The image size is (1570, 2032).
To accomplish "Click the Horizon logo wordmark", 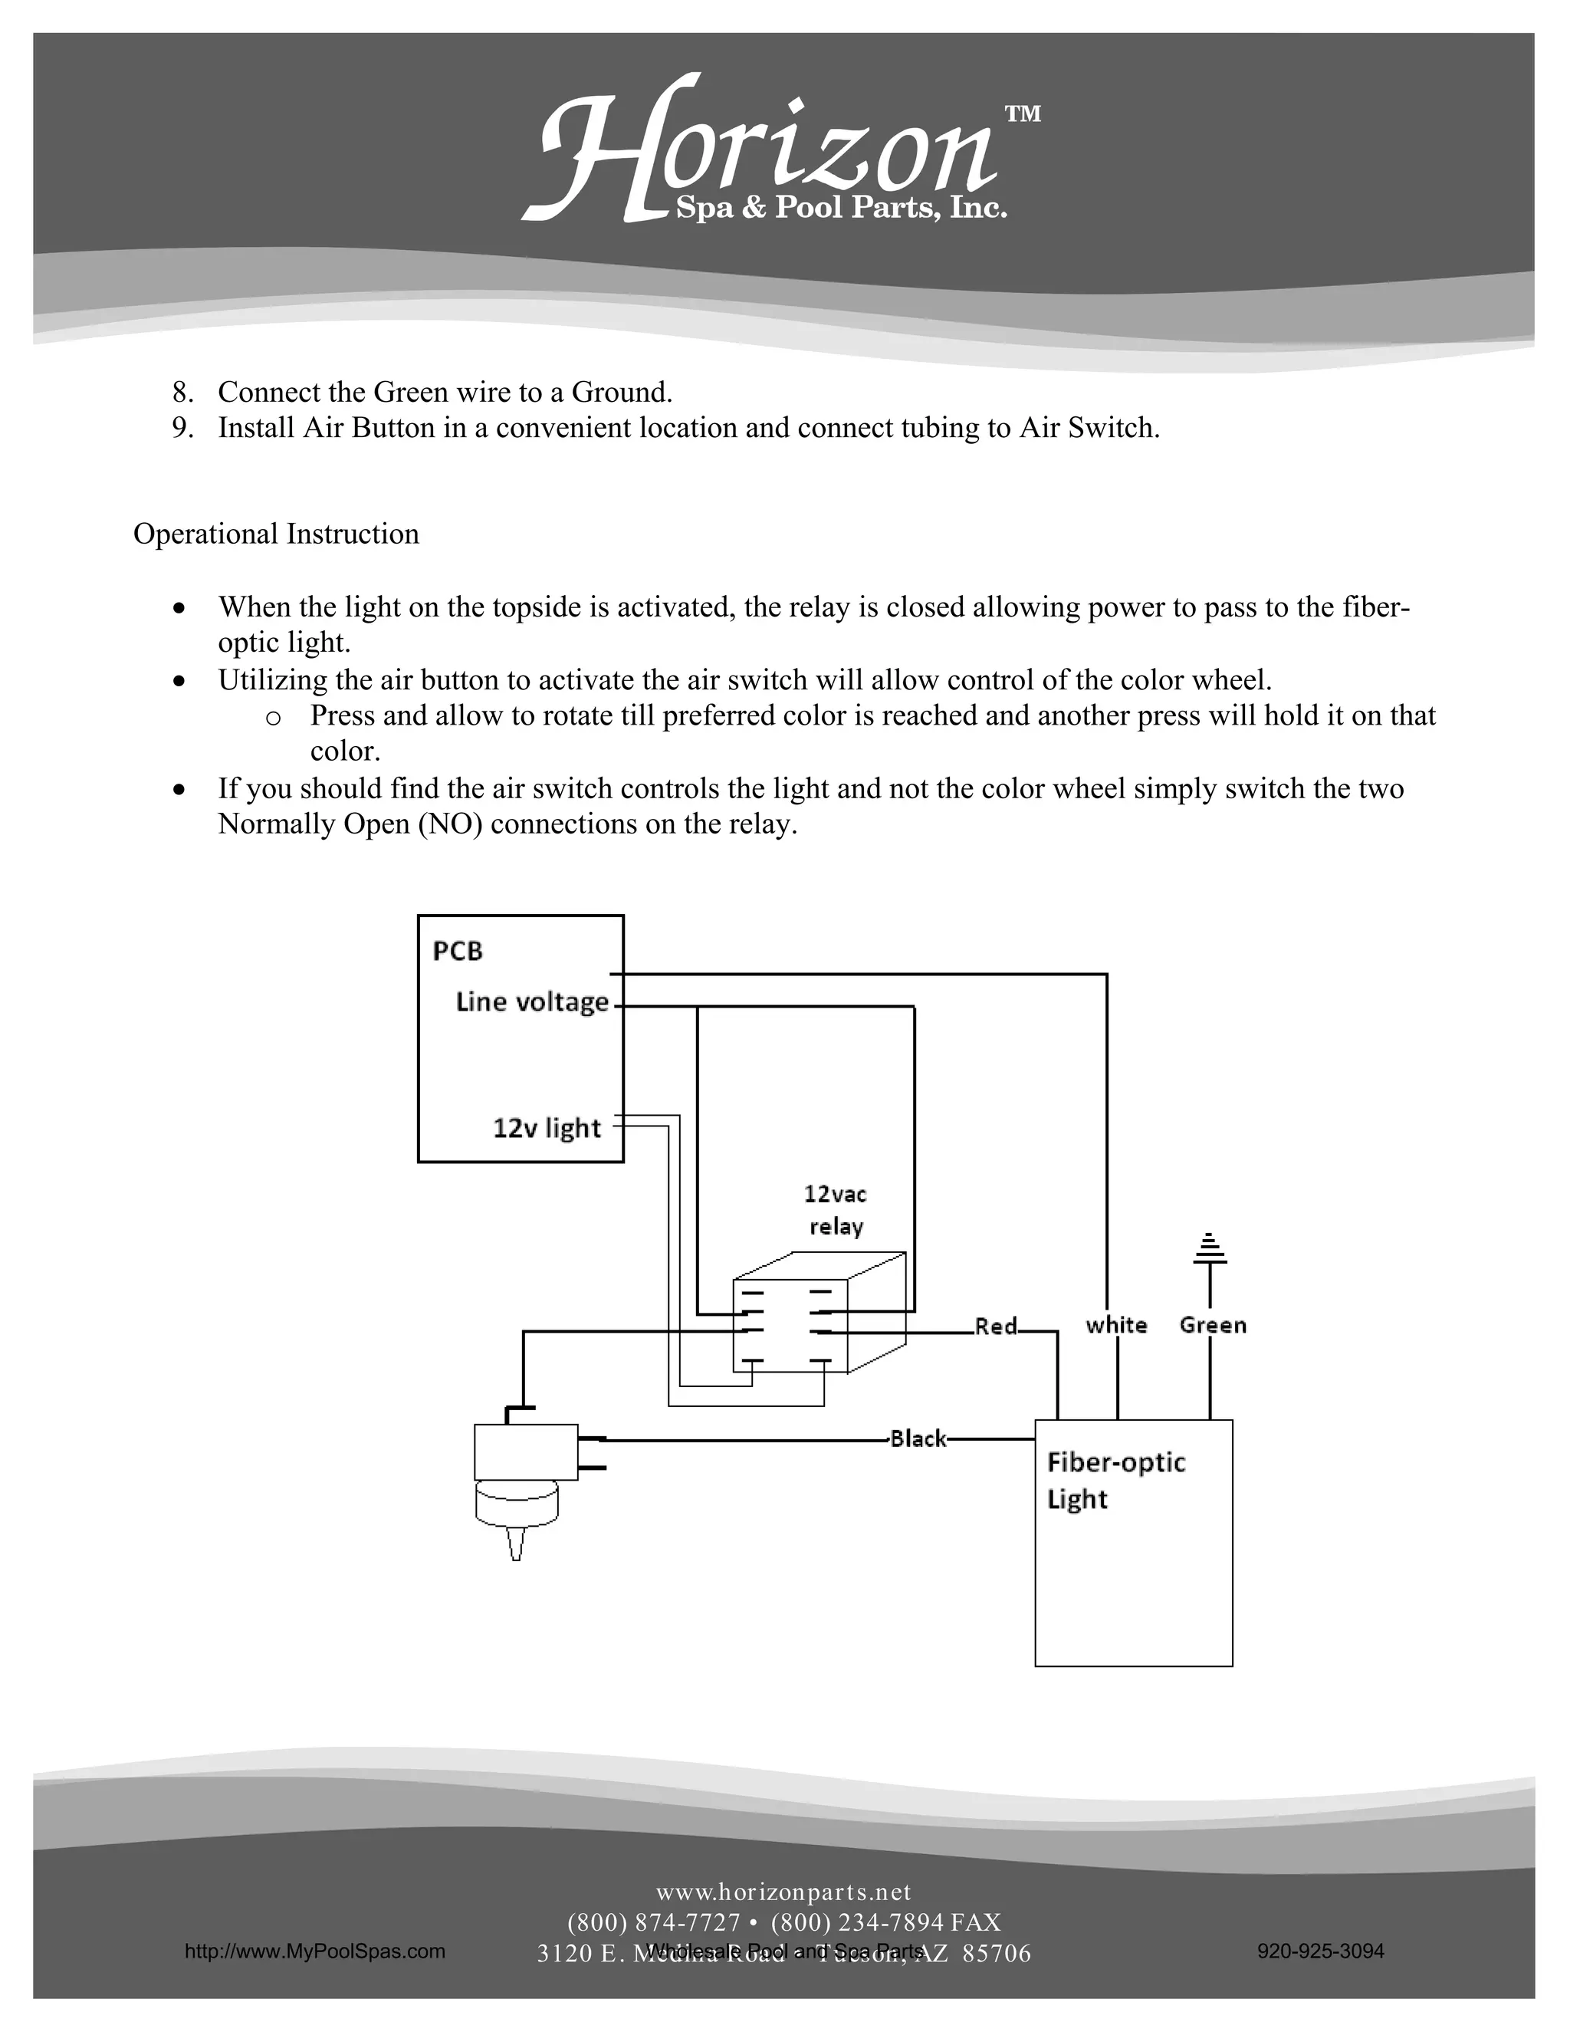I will (x=763, y=153).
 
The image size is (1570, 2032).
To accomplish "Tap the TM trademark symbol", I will (x=1022, y=114).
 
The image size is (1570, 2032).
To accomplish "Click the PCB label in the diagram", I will (x=458, y=951).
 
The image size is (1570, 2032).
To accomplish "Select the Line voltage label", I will (x=532, y=1002).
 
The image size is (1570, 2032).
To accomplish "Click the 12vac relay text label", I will (x=836, y=1209).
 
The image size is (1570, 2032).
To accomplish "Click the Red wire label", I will (x=996, y=1326).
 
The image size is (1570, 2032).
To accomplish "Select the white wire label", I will (x=1116, y=1325).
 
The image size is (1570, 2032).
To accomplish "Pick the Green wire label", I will (x=1213, y=1325).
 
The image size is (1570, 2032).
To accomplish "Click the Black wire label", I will (x=917, y=1439).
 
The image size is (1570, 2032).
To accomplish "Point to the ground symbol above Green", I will (x=1210, y=1250).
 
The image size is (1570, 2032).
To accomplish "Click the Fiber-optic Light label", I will (x=1115, y=1480).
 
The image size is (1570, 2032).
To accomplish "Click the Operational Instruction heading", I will (x=275, y=534).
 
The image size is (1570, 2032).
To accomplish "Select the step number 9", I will (x=182, y=428).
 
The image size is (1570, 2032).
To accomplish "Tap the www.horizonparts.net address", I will (x=783, y=1892).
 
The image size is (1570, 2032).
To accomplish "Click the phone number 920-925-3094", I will (x=1320, y=1951).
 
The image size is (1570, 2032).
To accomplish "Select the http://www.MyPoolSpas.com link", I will (x=314, y=1951).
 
